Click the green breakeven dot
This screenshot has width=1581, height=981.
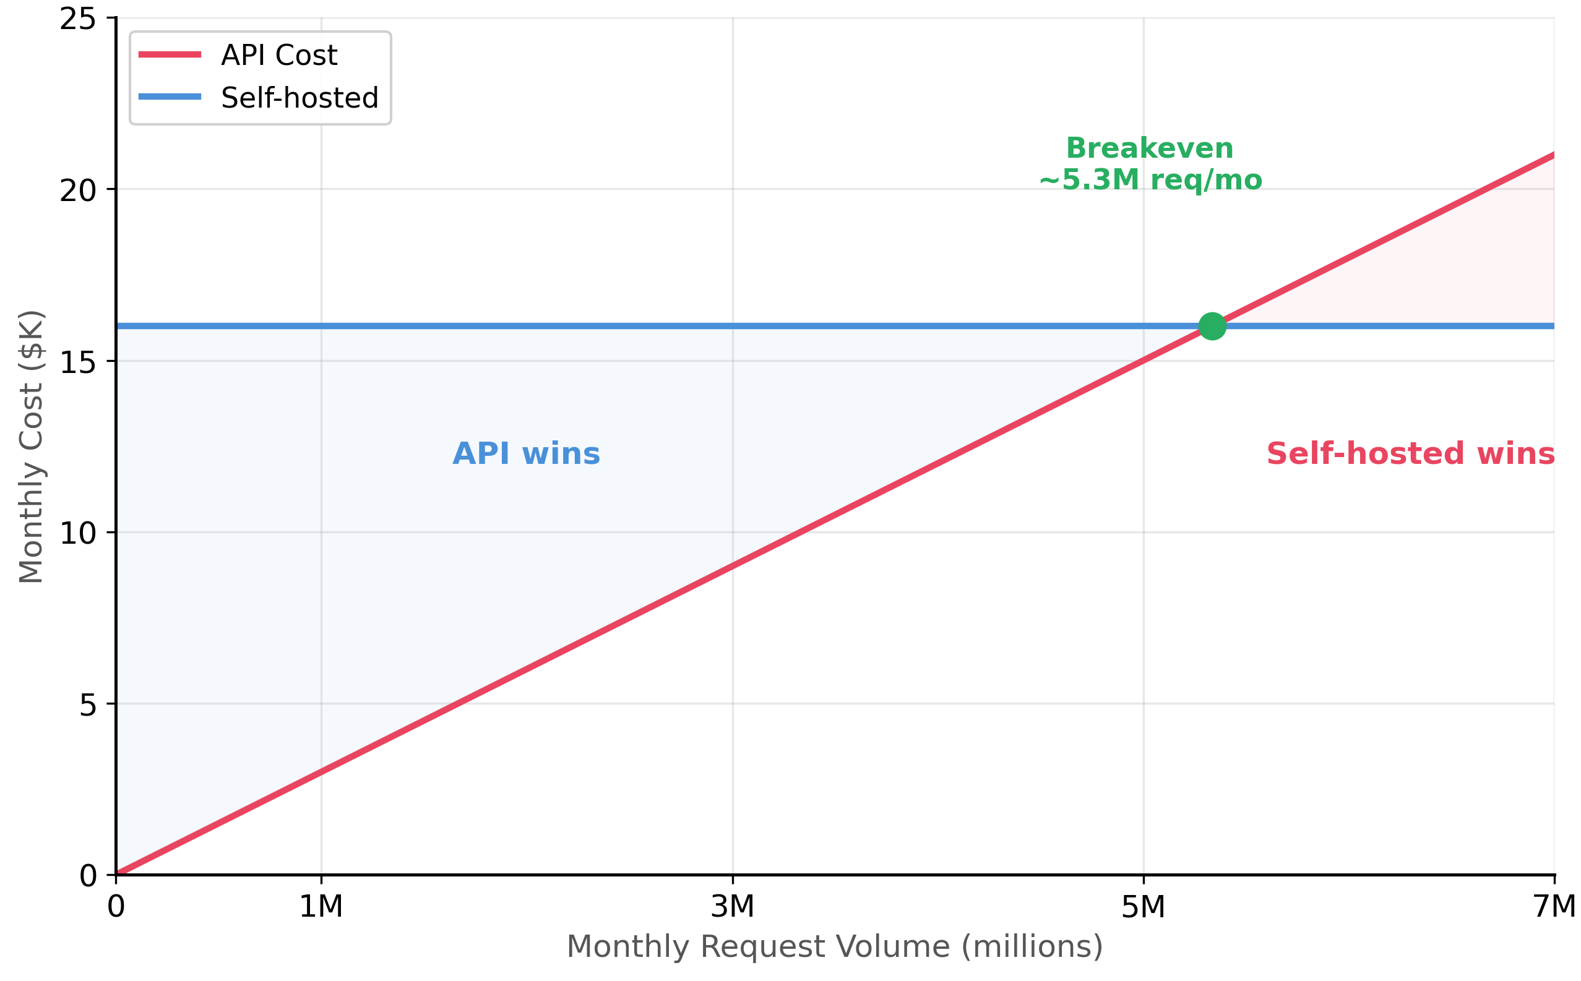[1212, 326]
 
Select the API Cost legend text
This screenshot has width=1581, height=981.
[279, 55]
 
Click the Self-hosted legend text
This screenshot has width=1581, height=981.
[299, 98]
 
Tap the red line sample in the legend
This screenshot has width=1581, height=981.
[170, 54]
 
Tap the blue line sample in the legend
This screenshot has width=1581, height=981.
[170, 96]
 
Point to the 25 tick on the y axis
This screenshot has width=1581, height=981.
[78, 19]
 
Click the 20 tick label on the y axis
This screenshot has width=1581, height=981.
[78, 191]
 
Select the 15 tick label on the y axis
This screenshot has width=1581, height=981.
[78, 362]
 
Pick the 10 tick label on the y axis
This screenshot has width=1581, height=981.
[78, 533]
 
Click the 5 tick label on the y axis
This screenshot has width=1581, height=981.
[88, 705]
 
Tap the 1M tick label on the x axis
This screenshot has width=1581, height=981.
[321, 906]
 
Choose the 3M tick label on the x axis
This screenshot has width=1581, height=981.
[733, 906]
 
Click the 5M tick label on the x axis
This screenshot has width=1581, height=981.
[1144, 906]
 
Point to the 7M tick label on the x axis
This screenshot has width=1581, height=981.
[1554, 906]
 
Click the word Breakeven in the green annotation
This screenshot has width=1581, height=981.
[1150, 148]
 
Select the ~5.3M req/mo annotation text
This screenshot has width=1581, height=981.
[1151, 180]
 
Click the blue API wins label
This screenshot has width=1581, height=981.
[527, 453]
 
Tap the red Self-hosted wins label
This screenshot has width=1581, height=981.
[1410, 453]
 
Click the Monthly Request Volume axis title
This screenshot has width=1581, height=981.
[835, 946]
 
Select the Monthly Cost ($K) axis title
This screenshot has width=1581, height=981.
[31, 448]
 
